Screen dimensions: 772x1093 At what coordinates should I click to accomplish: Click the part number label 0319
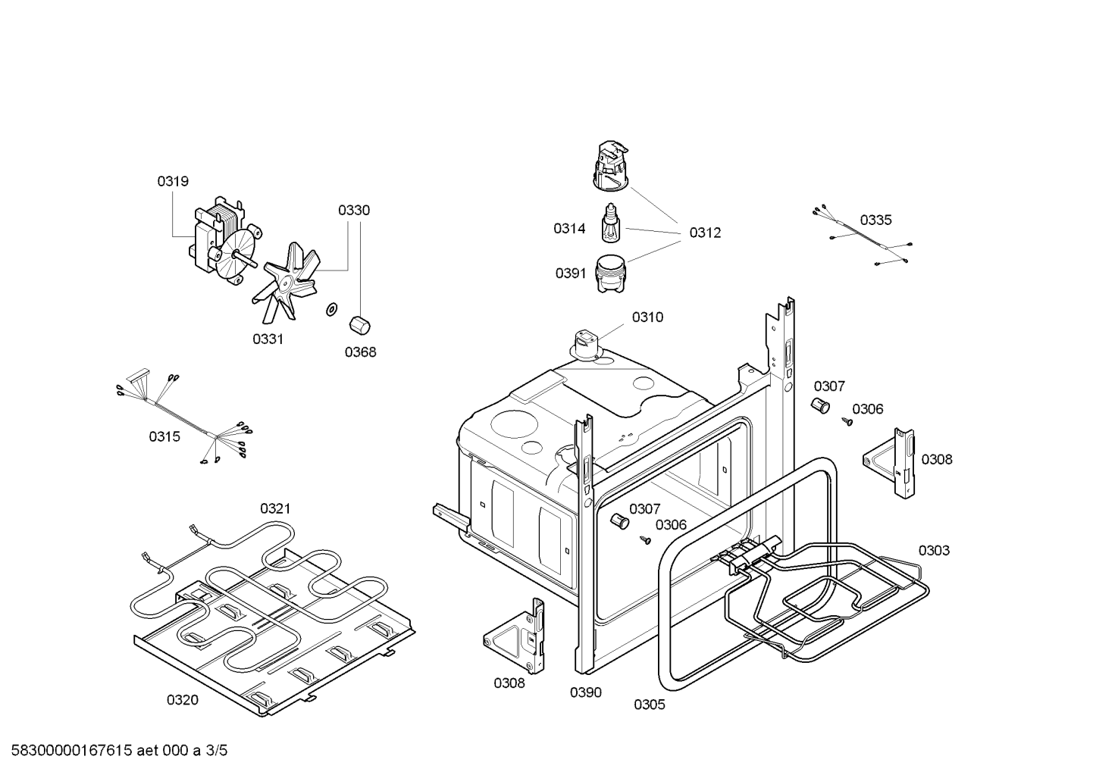pos(173,181)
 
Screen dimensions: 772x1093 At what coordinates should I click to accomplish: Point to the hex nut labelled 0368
pos(359,325)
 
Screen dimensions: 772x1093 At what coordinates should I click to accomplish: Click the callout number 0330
pos(354,210)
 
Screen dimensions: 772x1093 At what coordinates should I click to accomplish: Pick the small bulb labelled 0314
pos(611,225)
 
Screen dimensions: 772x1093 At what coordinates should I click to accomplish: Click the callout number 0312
pos(705,233)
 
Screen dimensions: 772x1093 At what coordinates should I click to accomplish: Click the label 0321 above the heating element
pos(275,508)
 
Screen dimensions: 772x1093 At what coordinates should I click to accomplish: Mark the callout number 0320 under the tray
pos(183,700)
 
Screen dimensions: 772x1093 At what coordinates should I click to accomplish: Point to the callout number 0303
pos(934,550)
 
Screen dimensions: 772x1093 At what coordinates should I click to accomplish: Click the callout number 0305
pos(650,705)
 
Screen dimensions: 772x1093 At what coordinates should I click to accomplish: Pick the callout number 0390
pos(586,692)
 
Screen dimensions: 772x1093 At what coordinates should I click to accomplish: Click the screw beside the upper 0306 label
pos(847,421)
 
